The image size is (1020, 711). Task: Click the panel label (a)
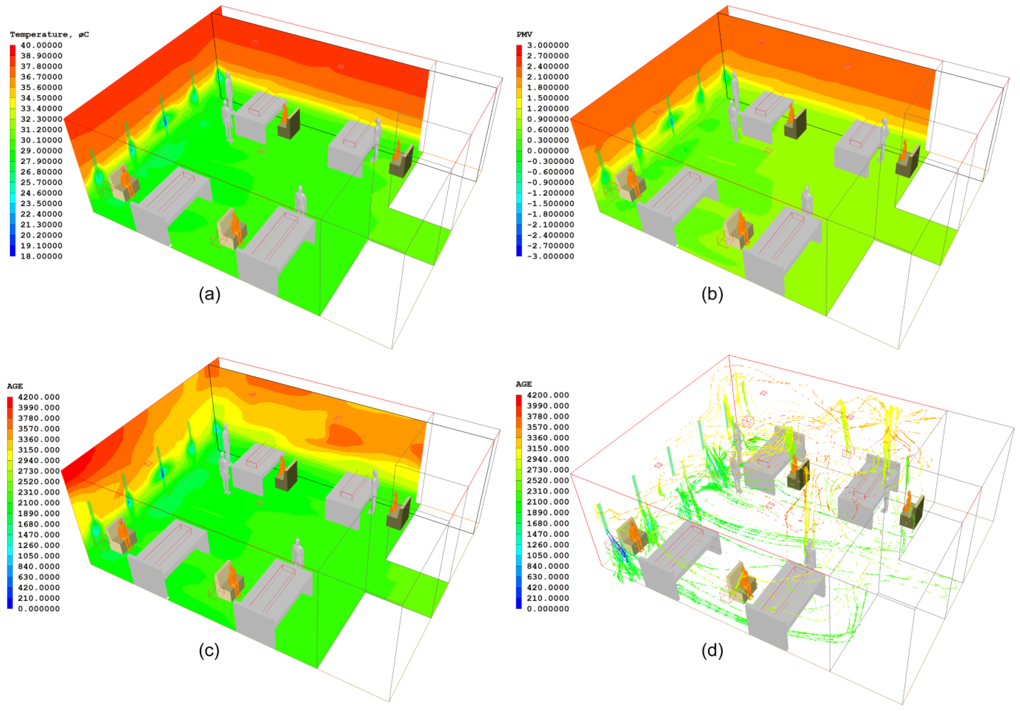(x=209, y=294)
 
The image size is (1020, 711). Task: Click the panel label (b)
(x=712, y=294)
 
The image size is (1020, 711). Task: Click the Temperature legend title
(x=49, y=35)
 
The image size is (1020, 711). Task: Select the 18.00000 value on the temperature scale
(x=41, y=257)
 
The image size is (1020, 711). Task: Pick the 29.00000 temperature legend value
(x=41, y=151)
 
